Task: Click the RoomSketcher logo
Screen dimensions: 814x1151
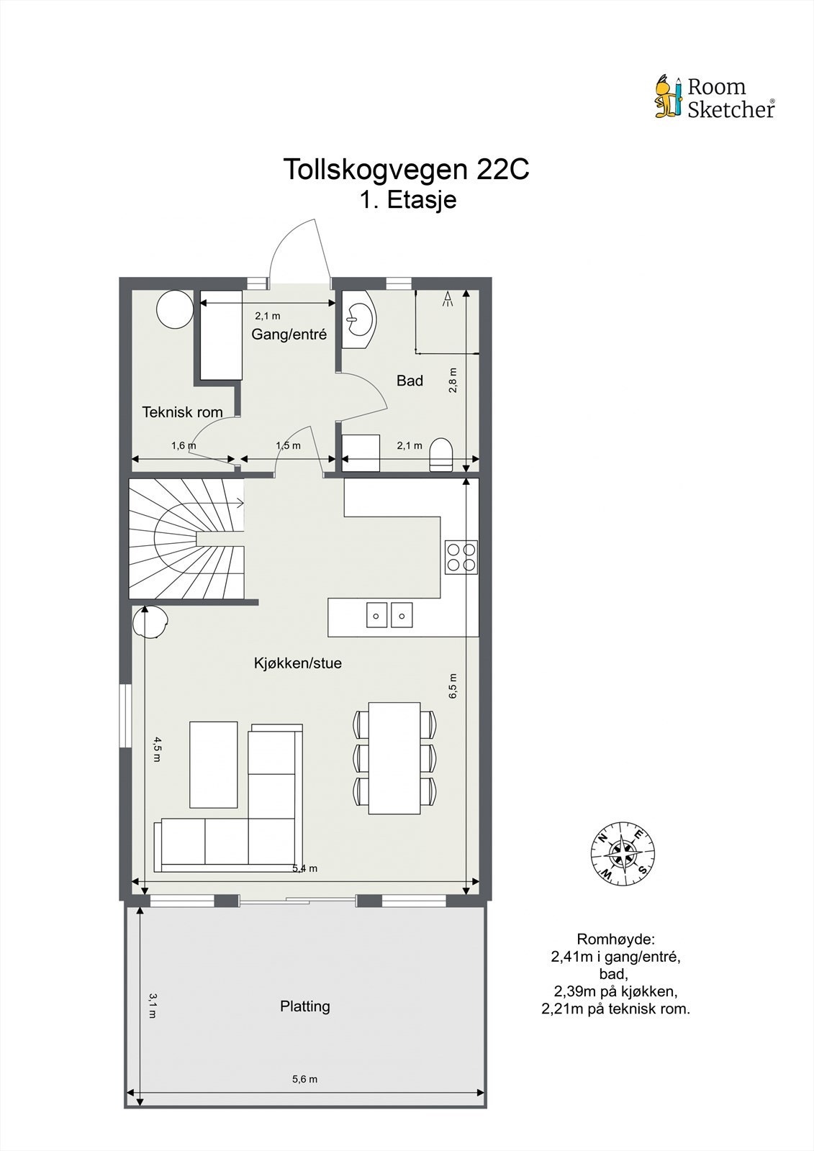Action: pos(715,98)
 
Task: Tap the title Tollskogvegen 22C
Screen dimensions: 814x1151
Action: pos(406,169)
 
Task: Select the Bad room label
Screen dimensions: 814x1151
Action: pos(410,381)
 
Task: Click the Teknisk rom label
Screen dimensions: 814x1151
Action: pos(182,412)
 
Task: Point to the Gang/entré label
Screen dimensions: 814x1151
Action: pos(289,335)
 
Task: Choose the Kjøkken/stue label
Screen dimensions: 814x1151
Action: pos(298,663)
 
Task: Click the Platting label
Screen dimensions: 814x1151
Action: pos(305,1006)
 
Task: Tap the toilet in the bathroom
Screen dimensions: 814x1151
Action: pos(440,454)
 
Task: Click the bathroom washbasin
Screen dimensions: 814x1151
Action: pos(359,319)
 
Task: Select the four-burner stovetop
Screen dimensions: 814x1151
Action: pos(461,558)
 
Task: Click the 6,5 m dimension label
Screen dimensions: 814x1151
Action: pos(453,686)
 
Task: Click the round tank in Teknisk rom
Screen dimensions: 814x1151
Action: pos(174,309)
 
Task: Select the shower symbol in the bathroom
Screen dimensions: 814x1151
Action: pos(448,299)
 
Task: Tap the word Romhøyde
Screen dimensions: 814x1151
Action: pos(615,940)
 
